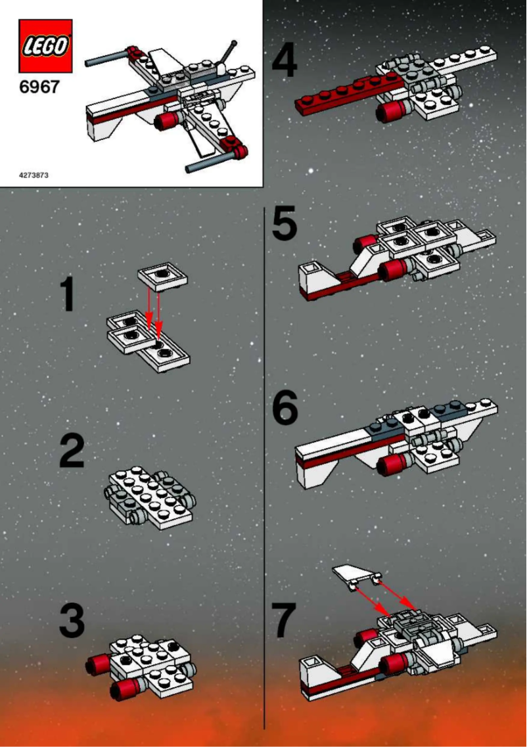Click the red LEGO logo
coord(45,45)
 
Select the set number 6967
coord(39,87)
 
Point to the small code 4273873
coord(34,175)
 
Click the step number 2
coord(72,451)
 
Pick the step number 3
coord(72,621)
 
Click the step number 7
coord(283,621)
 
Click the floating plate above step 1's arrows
coord(162,277)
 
